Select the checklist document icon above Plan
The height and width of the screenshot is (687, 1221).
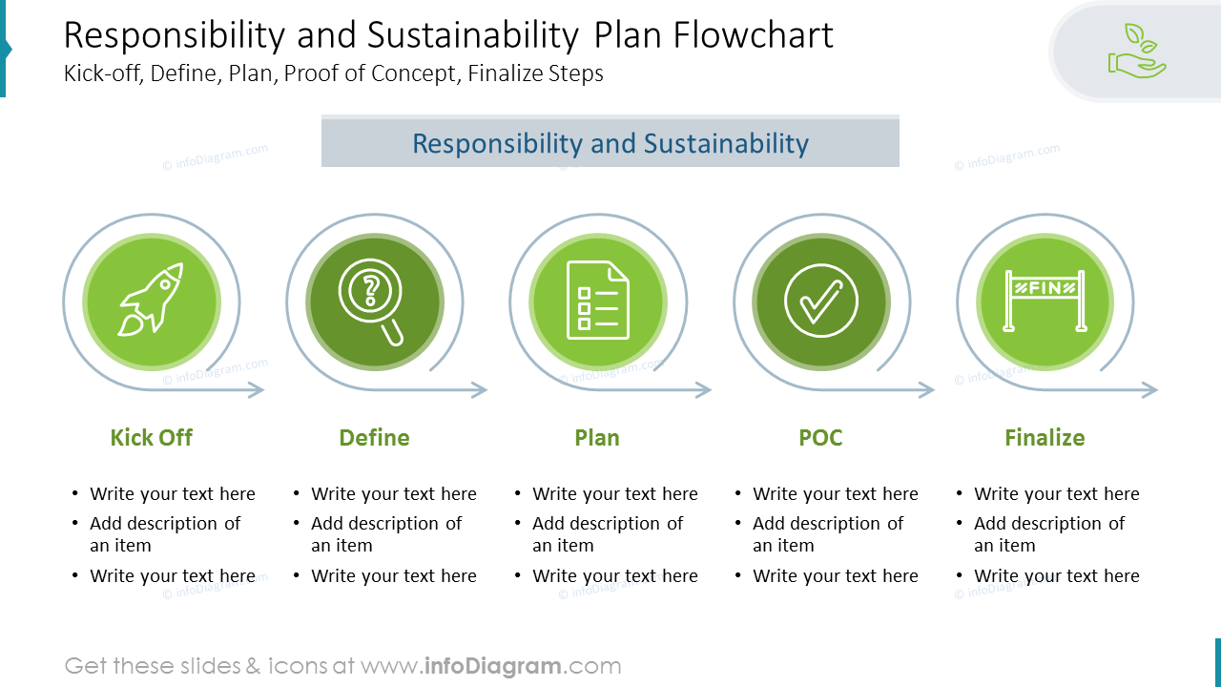coord(598,301)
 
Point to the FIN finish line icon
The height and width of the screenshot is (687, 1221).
coord(1045,301)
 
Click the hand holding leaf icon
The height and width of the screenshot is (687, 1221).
coord(1137,52)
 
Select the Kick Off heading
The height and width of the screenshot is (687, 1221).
coord(151,438)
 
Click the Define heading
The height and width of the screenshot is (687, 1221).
coord(374,438)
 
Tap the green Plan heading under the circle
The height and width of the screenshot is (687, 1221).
coord(597,438)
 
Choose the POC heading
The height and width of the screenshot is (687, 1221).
coord(820,438)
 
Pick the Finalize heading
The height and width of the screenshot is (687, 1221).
coord(1045,438)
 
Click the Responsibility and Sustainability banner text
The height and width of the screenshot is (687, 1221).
coord(610,144)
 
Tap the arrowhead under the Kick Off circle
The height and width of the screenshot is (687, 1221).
coord(257,389)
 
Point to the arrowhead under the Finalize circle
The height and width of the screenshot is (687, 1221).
coord(1150,389)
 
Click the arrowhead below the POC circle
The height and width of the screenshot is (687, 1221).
coord(927,389)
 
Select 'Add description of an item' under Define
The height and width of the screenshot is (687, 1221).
coord(385,534)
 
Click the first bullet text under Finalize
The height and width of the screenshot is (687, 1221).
coord(1056,494)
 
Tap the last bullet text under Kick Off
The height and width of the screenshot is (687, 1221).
coord(172,576)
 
